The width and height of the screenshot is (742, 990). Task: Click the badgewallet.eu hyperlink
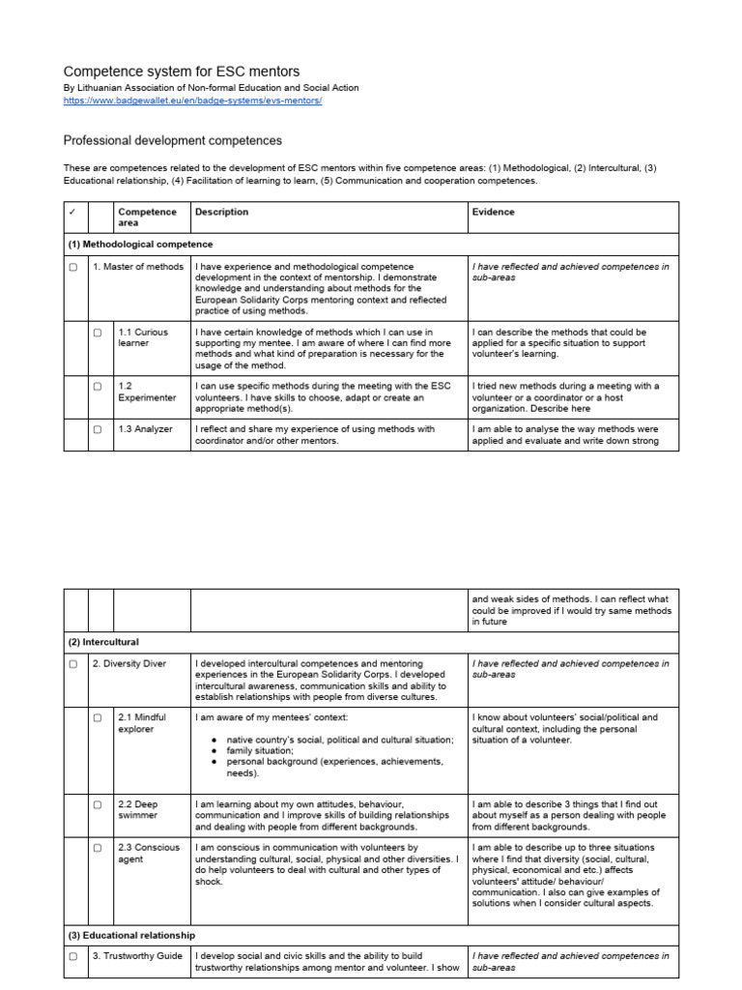tap(192, 101)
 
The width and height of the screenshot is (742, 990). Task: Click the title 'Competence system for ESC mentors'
tap(182, 72)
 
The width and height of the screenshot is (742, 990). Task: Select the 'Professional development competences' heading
tap(173, 141)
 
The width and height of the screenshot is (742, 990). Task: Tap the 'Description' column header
tap(221, 212)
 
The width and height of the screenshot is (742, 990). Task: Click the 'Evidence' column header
tap(493, 212)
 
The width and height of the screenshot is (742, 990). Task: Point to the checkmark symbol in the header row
tap(73, 212)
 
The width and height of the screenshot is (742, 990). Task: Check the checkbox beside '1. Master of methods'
tap(73, 268)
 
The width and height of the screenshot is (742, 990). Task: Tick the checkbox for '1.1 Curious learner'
tap(98, 333)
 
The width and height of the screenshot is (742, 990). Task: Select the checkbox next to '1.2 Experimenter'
tap(98, 387)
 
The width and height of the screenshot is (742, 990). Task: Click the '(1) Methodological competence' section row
tap(140, 245)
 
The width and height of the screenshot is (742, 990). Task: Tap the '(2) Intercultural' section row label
tap(103, 642)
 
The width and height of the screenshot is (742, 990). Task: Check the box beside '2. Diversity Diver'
tap(73, 665)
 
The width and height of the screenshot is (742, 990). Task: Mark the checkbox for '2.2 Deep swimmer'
tap(98, 804)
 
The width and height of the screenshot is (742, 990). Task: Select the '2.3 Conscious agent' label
tap(148, 853)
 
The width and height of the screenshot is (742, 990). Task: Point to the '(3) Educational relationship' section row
tap(130, 935)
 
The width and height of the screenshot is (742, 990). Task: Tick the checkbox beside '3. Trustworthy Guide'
tap(73, 957)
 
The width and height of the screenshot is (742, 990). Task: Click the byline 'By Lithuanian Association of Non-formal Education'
tap(211, 88)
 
